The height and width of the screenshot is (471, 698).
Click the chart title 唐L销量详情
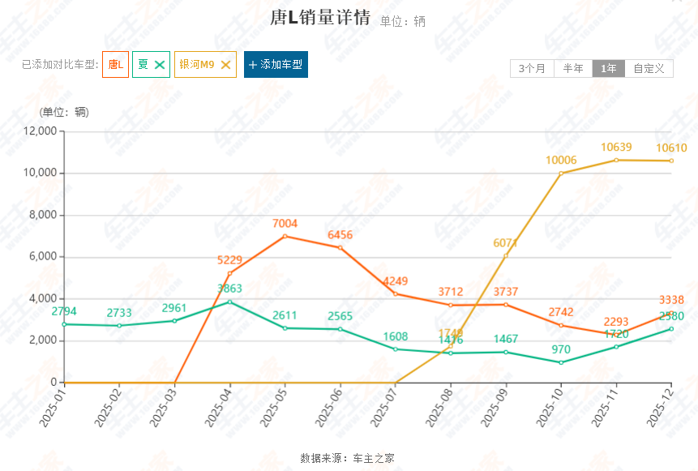tap(319, 19)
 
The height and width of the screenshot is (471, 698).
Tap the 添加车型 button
tap(276, 64)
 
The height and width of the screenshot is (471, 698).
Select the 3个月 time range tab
tap(533, 68)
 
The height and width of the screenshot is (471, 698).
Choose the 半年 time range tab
tap(573, 68)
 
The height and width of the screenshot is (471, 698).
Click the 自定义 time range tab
tap(649, 68)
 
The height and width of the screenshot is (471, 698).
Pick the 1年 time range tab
tap(608, 68)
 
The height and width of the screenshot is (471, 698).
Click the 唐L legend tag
tap(115, 64)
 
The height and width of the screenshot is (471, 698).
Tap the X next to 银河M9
tap(226, 64)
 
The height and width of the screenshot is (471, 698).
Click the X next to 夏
tap(160, 64)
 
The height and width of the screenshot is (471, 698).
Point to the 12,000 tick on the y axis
tap(37, 131)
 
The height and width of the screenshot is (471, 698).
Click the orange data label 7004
tap(285, 224)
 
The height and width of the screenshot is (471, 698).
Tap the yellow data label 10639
tap(616, 148)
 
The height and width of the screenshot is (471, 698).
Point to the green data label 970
tap(561, 349)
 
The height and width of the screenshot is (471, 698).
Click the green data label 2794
tap(64, 311)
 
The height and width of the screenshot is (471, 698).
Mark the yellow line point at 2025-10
tap(561, 173)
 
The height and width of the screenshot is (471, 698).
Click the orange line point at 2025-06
tap(340, 247)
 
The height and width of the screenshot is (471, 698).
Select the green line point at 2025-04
tap(230, 302)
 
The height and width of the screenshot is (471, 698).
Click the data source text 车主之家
tap(373, 458)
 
